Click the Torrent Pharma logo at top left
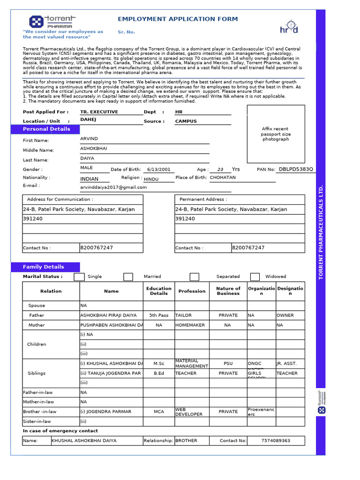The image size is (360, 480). (52, 22)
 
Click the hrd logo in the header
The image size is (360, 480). (289, 27)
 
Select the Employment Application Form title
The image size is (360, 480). (178, 19)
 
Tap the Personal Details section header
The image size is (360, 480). (46, 129)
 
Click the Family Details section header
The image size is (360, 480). (44, 267)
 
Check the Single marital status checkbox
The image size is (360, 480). (79, 277)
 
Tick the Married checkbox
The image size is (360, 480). (128, 277)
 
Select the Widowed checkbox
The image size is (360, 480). (255, 277)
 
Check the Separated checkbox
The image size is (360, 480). (194, 277)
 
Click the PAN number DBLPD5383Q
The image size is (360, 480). (296, 169)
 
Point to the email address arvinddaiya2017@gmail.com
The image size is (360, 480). (113, 187)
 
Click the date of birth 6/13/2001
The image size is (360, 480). (158, 170)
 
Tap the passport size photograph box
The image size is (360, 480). (276, 134)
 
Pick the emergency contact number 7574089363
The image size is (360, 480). (276, 441)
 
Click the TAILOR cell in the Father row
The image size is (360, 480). (183, 315)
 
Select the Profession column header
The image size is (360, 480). (192, 291)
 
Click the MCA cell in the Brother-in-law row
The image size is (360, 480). (158, 412)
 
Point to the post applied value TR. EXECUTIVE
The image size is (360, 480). (99, 112)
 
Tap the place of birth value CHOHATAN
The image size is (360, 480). (223, 178)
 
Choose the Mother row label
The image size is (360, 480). (37, 325)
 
